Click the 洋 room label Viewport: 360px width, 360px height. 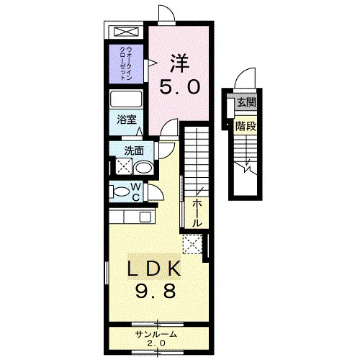coord(180,63)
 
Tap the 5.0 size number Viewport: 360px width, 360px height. coord(180,87)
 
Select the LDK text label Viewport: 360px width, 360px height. coord(154,269)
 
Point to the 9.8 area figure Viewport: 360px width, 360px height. coord(156,290)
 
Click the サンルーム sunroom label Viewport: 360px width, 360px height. coord(156,334)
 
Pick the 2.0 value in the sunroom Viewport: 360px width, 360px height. coord(156,343)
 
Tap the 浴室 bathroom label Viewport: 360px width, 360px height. coord(127,120)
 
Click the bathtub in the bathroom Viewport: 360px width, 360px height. coord(126,99)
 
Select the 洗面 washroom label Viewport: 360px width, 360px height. coord(134,151)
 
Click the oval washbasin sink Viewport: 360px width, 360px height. coord(143,168)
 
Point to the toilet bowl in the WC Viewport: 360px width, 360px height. coord(121,192)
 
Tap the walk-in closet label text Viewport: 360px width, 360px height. coord(126,63)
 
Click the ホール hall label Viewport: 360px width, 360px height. coord(197,213)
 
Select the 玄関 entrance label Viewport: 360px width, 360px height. coord(246,103)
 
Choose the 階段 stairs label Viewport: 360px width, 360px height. coord(246,126)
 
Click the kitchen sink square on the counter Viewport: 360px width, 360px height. coord(145,217)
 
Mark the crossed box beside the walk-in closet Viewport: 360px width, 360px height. coord(126,32)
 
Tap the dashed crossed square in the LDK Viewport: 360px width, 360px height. coord(193,244)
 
